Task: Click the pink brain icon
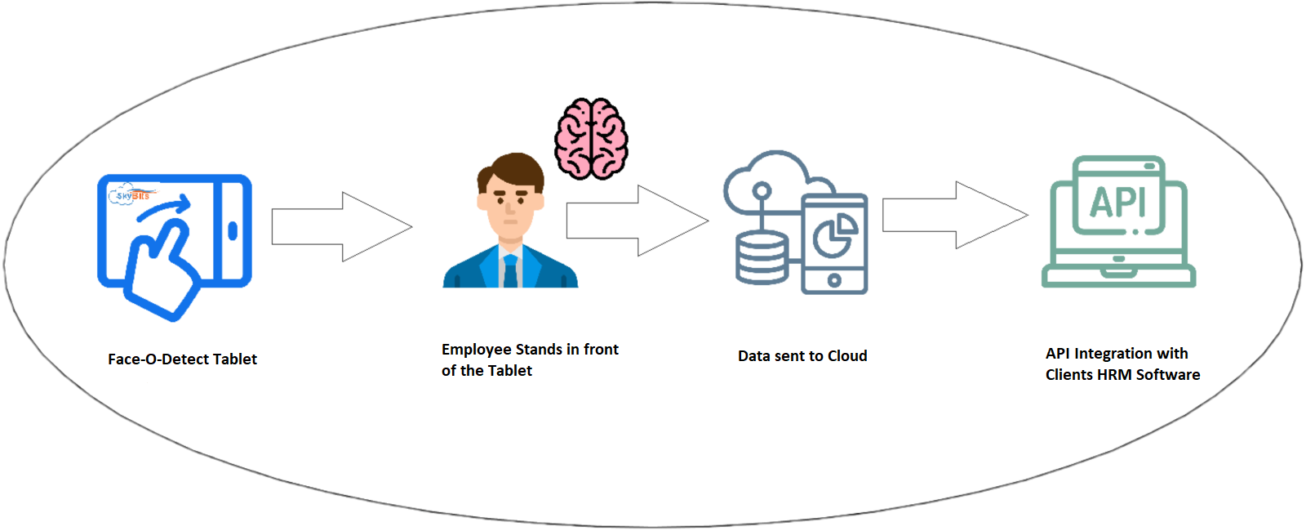(x=591, y=139)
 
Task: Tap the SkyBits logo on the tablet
(x=132, y=194)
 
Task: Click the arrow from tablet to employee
(x=342, y=226)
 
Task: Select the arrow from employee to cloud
(x=637, y=221)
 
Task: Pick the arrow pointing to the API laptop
(x=955, y=216)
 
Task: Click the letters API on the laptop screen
(x=1117, y=203)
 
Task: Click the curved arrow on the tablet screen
(x=164, y=208)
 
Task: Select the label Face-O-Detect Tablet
(x=183, y=359)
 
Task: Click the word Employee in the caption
(x=475, y=350)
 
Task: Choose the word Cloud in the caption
(x=847, y=356)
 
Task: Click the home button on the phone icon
(x=834, y=281)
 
